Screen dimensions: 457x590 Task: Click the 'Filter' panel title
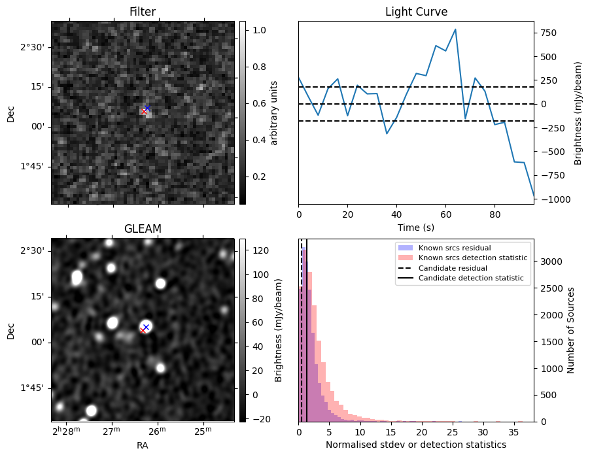[x=143, y=12]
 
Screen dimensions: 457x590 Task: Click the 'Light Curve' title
[x=416, y=12]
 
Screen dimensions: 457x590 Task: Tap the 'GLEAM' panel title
[x=143, y=229]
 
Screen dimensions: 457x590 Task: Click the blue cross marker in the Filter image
[x=147, y=108]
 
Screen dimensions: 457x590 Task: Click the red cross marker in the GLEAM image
[x=143, y=330]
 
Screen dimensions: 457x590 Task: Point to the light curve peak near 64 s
[x=455, y=29]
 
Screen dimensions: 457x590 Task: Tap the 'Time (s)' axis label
[x=416, y=228]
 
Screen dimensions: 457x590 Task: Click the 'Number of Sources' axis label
[x=571, y=330]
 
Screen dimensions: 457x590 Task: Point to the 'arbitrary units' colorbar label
[x=274, y=112]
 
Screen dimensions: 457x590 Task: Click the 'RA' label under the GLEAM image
[x=143, y=445]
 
